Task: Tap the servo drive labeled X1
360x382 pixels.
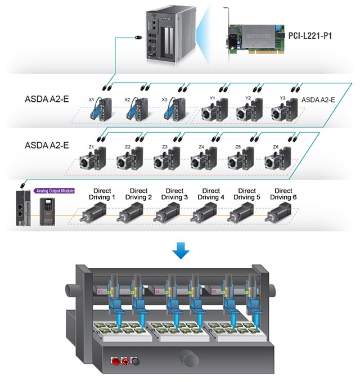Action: [x=101, y=109]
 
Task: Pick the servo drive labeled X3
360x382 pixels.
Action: [x=174, y=109]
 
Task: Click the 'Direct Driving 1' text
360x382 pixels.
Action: [x=102, y=194]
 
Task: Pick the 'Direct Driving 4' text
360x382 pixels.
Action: [x=211, y=194]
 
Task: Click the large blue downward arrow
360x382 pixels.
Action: [x=179, y=250]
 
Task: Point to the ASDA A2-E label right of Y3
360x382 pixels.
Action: [x=319, y=100]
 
